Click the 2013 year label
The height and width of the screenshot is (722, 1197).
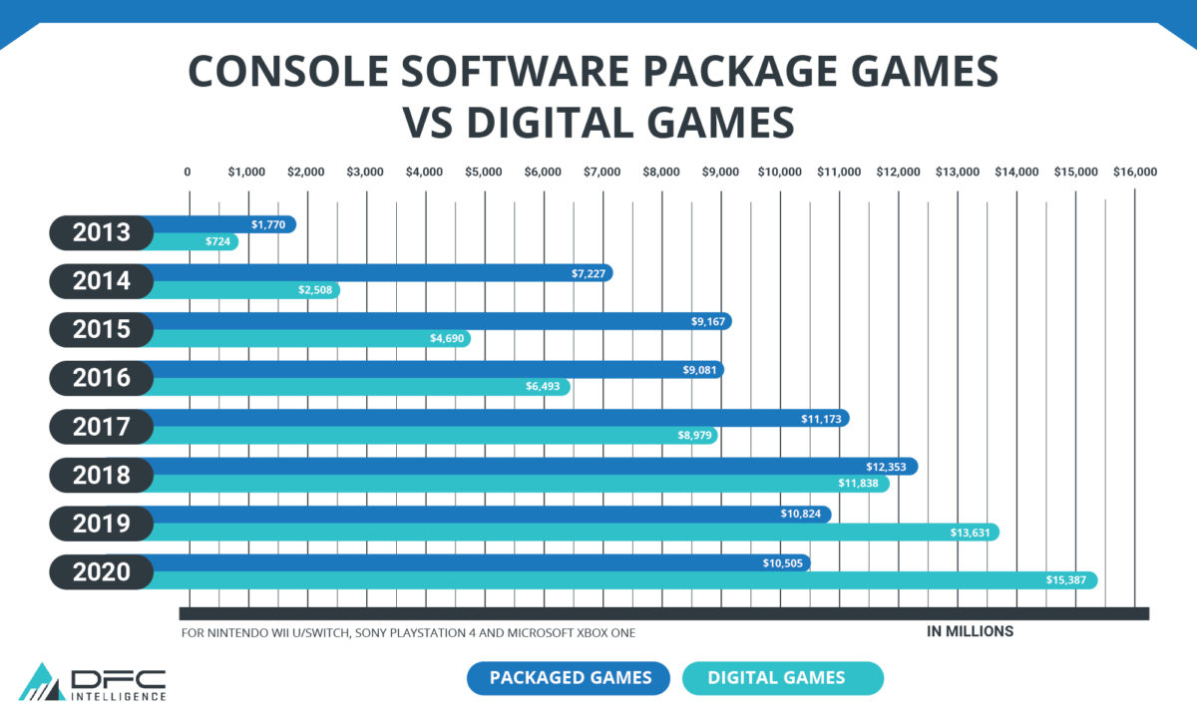tap(102, 233)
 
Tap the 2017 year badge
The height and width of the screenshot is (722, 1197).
tap(102, 427)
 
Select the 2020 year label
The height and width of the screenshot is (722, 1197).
tap(102, 572)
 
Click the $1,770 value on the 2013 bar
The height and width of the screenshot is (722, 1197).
tap(268, 225)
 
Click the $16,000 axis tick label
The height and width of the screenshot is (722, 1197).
tap(1134, 172)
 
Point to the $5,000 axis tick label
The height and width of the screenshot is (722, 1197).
tap(484, 172)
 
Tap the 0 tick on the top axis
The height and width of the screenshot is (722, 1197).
tap(188, 172)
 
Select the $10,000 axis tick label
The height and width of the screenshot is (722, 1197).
tap(779, 172)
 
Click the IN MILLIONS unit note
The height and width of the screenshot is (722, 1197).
tap(970, 631)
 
